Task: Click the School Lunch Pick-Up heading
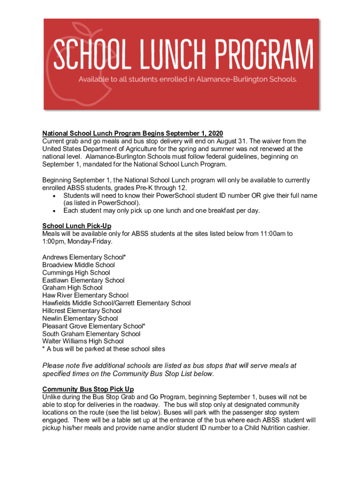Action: click(77, 226)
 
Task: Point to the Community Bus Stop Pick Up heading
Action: click(88, 389)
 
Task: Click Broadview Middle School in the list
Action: click(79, 265)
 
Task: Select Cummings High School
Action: click(76, 273)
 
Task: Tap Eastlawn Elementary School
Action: click(83, 280)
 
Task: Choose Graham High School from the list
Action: click(72, 288)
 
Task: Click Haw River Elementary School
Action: click(85, 295)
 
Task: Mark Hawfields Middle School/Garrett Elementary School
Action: click(116, 303)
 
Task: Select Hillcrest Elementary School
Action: click(82, 311)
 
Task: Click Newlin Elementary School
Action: click(80, 319)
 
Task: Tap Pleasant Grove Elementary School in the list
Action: click(94, 326)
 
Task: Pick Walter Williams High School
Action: click(83, 341)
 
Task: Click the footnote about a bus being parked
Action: click(103, 349)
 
